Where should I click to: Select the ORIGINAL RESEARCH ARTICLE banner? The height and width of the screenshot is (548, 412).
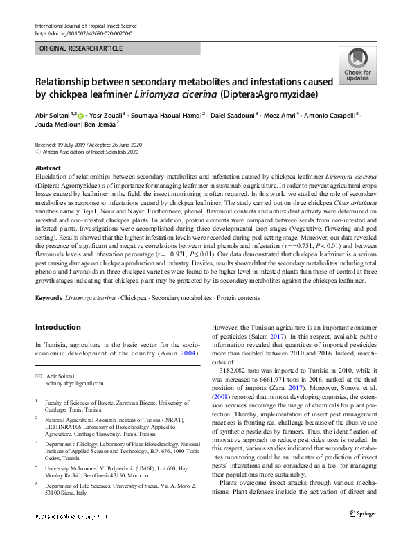(81, 48)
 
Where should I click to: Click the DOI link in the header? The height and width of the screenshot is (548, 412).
(83, 33)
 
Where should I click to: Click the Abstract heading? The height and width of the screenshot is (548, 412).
(48, 168)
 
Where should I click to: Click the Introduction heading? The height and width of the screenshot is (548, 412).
(57, 327)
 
